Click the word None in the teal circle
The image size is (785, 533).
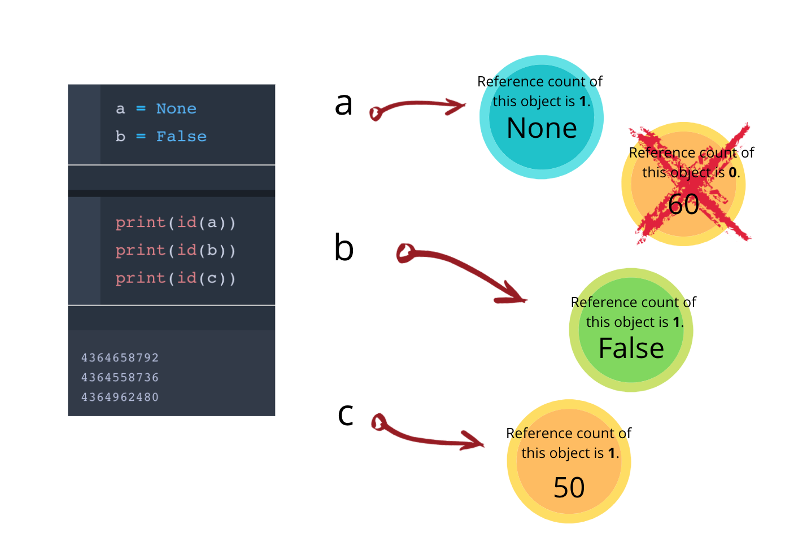click(x=542, y=128)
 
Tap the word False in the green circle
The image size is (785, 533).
click(x=631, y=348)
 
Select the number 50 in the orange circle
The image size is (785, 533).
click(x=569, y=488)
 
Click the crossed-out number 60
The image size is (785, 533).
click(x=683, y=204)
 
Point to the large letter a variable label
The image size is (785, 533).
click(x=343, y=104)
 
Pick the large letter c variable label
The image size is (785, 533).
click(x=345, y=414)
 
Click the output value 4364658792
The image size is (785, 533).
click(x=120, y=357)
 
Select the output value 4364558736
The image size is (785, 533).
click(x=120, y=377)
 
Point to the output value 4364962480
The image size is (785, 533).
click(x=120, y=397)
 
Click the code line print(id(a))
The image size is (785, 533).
click(x=175, y=222)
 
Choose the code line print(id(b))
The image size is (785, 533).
click(x=175, y=250)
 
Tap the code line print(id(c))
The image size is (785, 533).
click(x=175, y=278)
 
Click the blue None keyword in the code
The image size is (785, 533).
click(x=176, y=108)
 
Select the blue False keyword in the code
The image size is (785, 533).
click(x=181, y=136)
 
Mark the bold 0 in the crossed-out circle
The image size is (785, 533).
click(x=732, y=173)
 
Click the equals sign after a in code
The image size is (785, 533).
click(x=141, y=108)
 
